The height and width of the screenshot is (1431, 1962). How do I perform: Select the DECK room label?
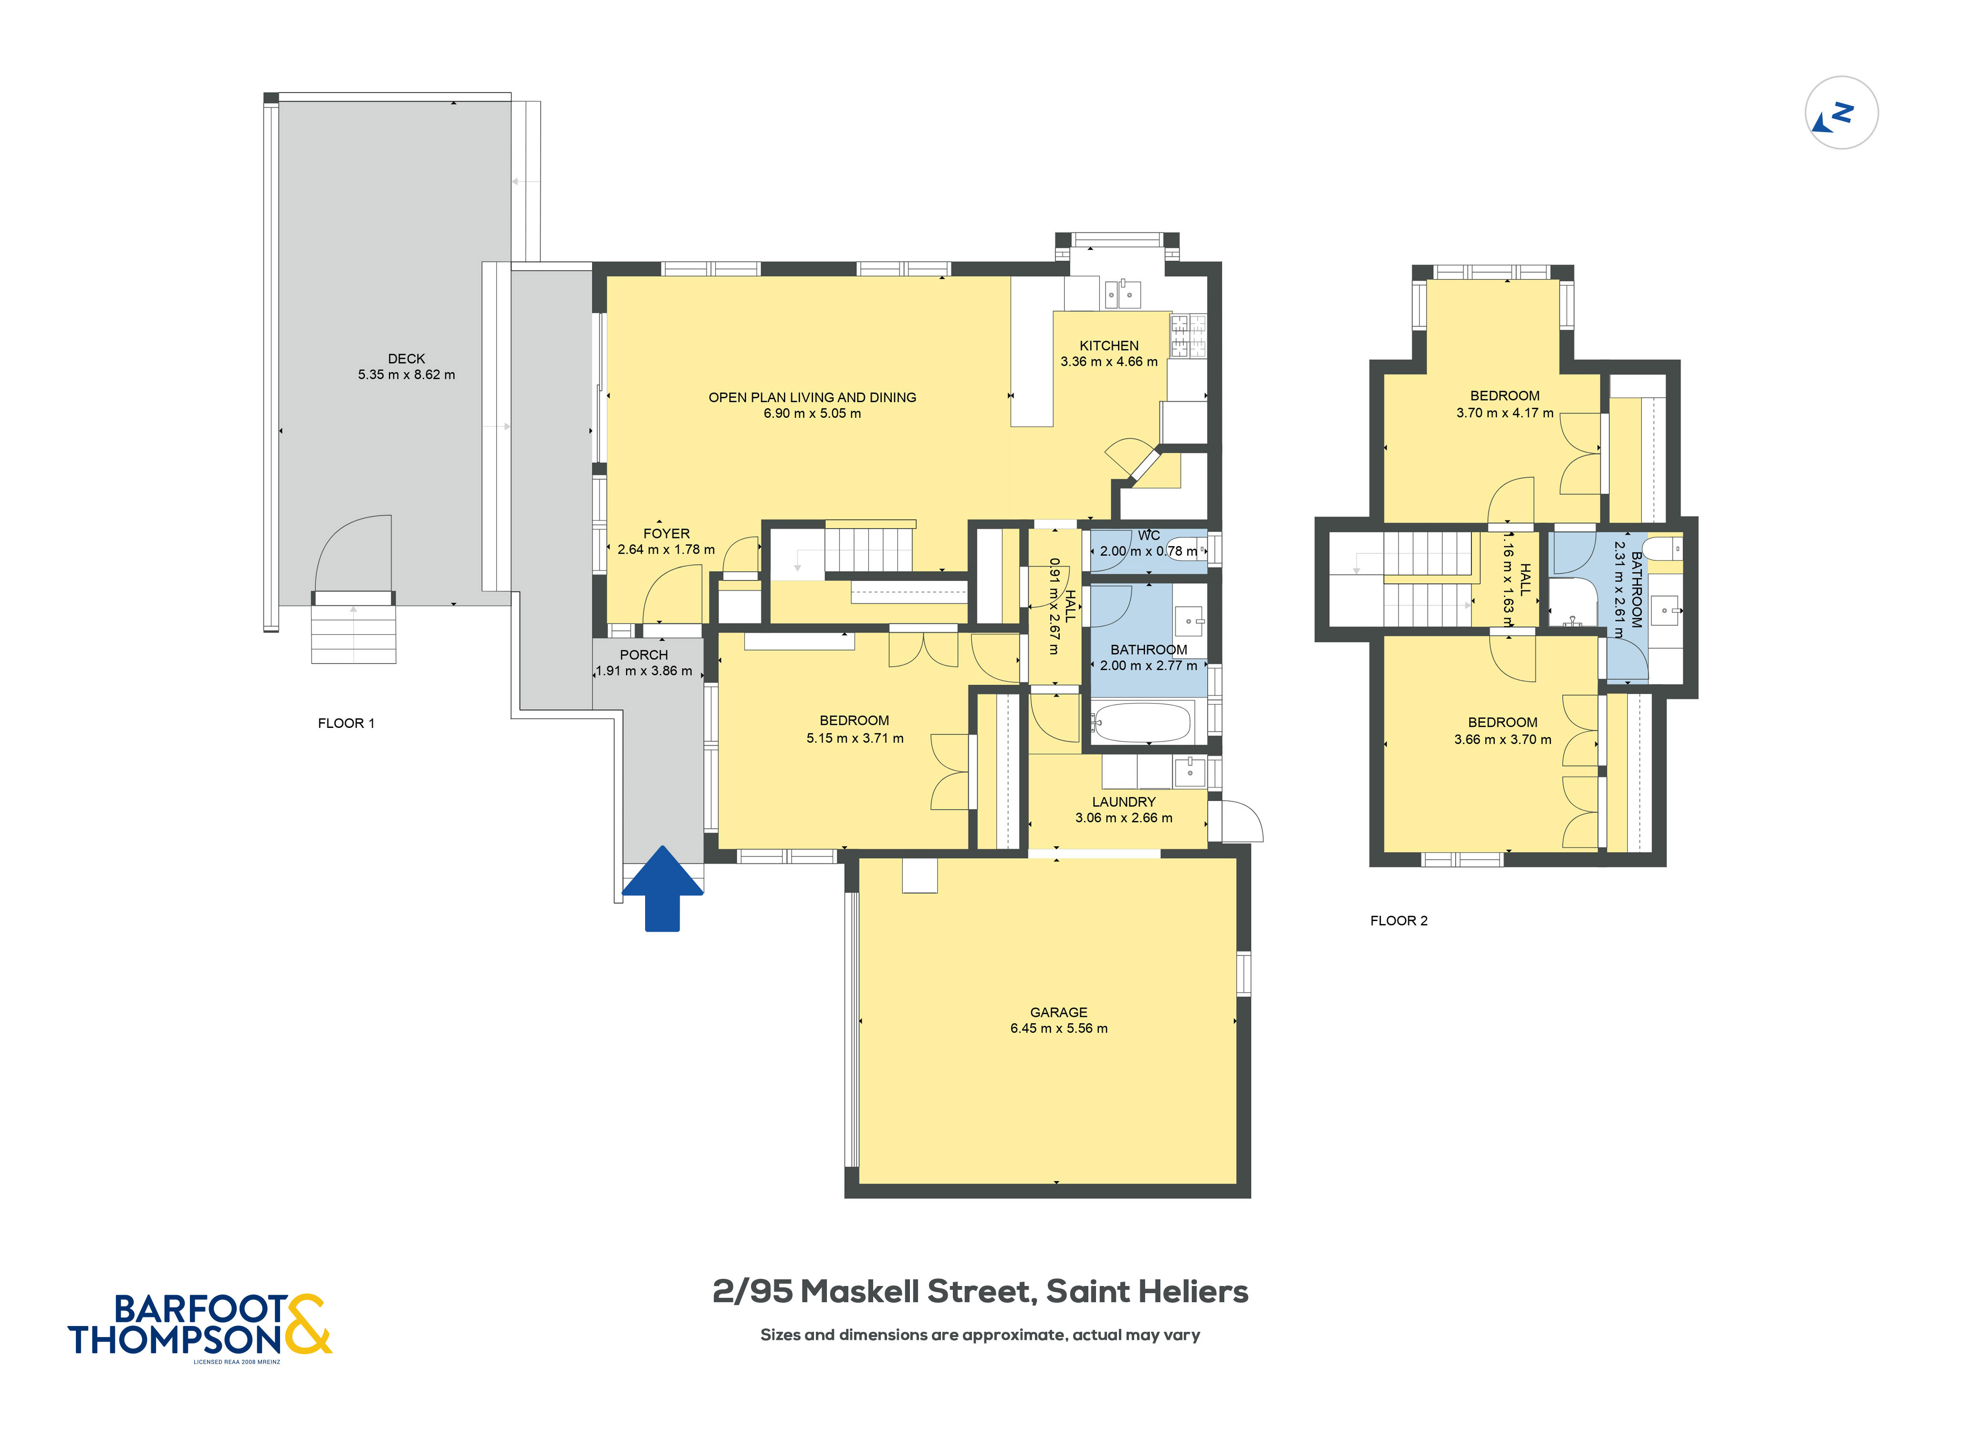click(x=406, y=359)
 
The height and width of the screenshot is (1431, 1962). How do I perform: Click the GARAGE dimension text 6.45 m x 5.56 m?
click(x=1058, y=1029)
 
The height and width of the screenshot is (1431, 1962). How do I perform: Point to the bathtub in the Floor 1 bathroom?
click(x=1142, y=722)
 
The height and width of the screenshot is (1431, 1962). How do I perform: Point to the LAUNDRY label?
click(x=1124, y=802)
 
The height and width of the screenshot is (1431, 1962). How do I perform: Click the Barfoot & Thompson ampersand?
click(x=306, y=1325)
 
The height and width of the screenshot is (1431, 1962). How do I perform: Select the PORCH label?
click(x=644, y=655)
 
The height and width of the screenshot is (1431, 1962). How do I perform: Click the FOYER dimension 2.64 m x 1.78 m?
click(x=666, y=549)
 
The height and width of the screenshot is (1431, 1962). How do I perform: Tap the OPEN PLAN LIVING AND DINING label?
click(x=813, y=398)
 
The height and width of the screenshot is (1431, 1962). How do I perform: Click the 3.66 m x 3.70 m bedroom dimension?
click(x=1503, y=740)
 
